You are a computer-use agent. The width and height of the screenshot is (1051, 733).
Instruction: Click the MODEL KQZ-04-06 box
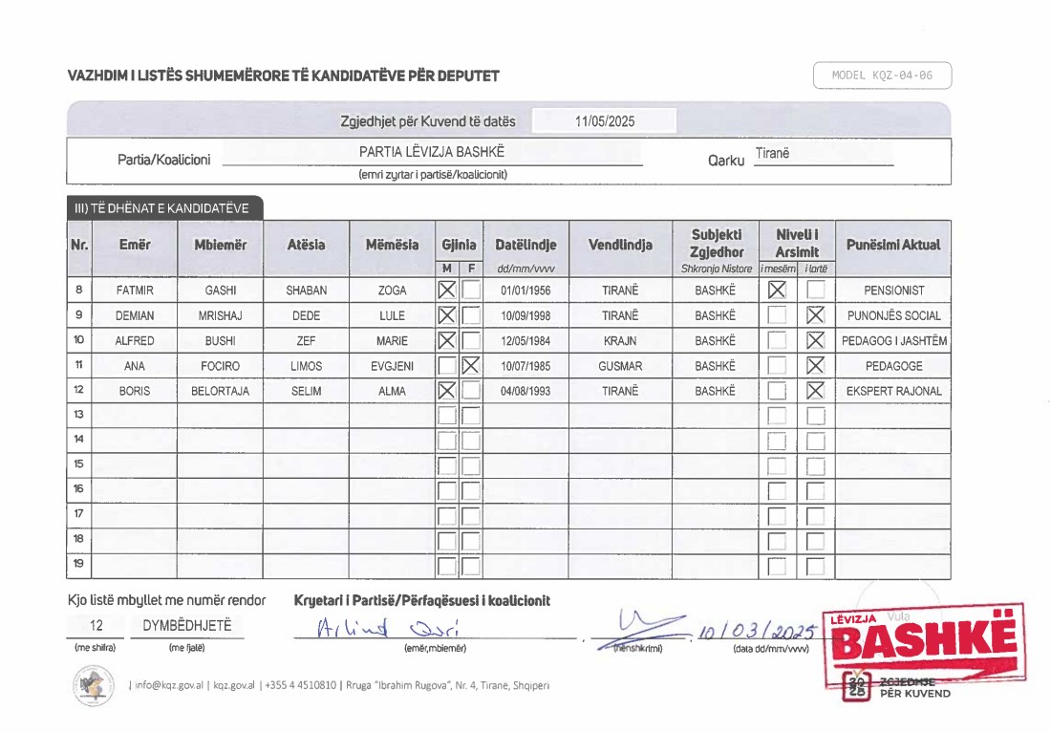click(x=882, y=75)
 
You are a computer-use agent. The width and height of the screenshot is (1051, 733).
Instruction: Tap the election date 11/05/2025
click(x=605, y=121)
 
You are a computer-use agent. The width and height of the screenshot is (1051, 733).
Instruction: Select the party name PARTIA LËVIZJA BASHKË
click(x=432, y=152)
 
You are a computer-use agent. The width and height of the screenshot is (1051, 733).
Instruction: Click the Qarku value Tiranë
click(x=772, y=154)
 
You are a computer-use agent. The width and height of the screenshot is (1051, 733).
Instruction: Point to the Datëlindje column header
click(x=525, y=245)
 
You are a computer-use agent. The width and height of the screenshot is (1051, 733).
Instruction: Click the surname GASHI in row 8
click(x=220, y=290)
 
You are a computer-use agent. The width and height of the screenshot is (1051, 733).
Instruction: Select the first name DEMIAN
click(x=135, y=315)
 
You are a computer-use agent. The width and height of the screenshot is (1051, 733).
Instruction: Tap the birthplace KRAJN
click(x=620, y=340)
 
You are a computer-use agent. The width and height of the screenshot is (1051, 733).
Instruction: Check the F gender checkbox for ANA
click(x=470, y=365)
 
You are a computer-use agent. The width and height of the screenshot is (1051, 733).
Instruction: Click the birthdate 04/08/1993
click(x=525, y=390)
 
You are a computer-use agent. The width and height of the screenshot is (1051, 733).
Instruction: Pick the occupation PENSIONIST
click(x=893, y=290)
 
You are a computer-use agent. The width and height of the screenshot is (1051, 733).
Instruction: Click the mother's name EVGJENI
click(x=392, y=365)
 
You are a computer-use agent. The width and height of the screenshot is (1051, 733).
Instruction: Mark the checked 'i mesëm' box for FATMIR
click(x=777, y=290)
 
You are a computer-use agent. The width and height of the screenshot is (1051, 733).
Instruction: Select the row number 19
click(x=78, y=565)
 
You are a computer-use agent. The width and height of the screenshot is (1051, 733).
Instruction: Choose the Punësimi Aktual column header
click(x=893, y=245)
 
